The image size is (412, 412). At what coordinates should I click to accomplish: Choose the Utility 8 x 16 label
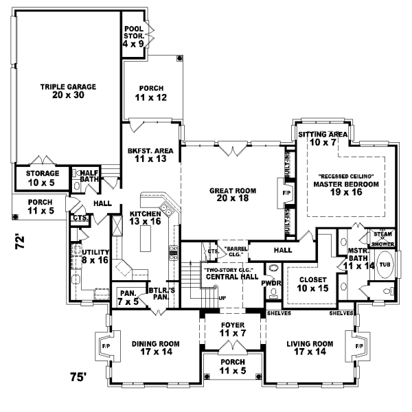pyautogui.click(x=95, y=256)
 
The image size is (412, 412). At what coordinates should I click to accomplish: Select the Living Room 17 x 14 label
pyautogui.click(x=310, y=347)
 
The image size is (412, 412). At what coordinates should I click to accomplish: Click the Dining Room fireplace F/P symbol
pyautogui.click(x=105, y=347)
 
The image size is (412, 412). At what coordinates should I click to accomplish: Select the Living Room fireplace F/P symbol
pyautogui.click(x=358, y=347)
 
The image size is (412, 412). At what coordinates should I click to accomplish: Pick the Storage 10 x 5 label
pyautogui.click(x=43, y=178)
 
